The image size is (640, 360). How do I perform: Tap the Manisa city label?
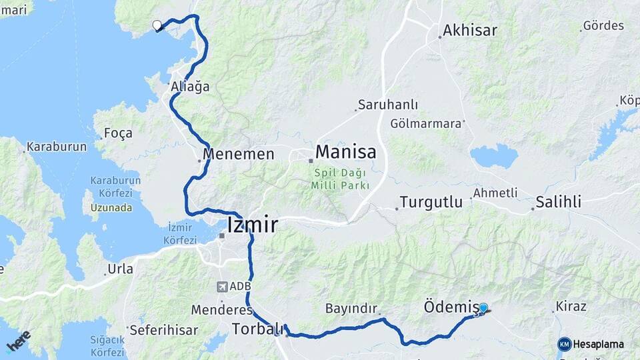(x=345, y=152)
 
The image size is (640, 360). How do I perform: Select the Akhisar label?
(x=471, y=30)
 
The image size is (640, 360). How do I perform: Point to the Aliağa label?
(x=190, y=87)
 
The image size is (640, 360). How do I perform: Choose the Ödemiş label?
(x=451, y=307)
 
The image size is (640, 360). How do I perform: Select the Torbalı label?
(x=254, y=329)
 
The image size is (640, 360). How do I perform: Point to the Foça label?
(x=119, y=133)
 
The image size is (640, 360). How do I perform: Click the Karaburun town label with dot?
(x=56, y=147)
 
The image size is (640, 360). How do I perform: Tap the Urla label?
(x=121, y=269)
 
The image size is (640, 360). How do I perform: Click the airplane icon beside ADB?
(x=221, y=287)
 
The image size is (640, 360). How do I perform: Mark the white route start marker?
(x=157, y=25)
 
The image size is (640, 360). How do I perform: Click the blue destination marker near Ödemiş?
(x=483, y=308)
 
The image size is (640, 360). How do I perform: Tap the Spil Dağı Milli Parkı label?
(x=340, y=179)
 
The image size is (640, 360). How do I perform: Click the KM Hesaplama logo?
(x=591, y=344)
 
